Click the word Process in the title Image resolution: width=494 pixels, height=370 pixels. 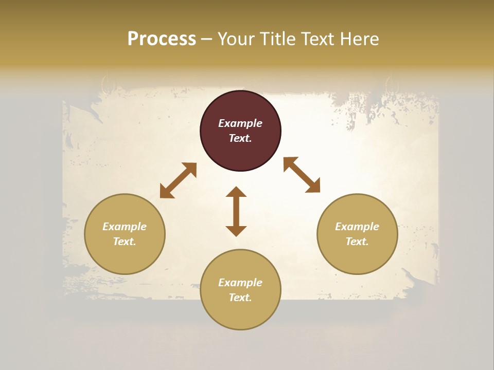[162, 39]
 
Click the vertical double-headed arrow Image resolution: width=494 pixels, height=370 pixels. [236, 211]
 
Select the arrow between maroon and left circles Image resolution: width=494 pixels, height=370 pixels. [178, 180]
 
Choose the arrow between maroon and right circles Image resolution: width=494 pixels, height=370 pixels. [302, 175]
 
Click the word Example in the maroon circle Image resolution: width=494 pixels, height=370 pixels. [240, 123]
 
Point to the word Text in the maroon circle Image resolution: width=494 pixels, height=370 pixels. [240, 138]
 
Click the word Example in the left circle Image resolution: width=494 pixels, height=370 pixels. [125, 227]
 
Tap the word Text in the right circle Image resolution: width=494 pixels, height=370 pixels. [357, 242]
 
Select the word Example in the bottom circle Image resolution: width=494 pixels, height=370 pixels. [240, 283]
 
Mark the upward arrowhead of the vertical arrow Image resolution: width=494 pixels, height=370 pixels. [236, 192]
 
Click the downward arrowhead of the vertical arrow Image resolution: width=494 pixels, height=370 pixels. [236, 231]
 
